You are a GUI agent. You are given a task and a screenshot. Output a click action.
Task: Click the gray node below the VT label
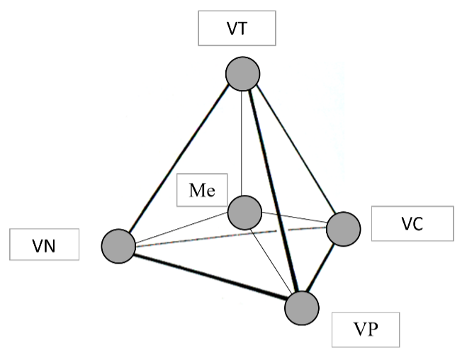pyautogui.click(x=243, y=74)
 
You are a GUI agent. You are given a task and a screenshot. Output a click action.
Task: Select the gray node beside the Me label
pyautogui.click(x=244, y=213)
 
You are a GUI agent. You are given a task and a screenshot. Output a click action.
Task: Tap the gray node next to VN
pyautogui.click(x=118, y=246)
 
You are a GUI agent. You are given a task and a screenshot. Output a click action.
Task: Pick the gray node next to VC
pyautogui.click(x=344, y=229)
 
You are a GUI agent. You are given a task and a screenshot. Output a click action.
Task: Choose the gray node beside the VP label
pyautogui.click(x=302, y=308)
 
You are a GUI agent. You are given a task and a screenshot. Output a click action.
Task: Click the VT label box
pyautogui.click(x=237, y=28)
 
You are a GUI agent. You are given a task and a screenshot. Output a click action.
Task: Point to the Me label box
pyautogui.click(x=202, y=190)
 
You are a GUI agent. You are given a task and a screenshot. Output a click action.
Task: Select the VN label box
pyautogui.click(x=45, y=244)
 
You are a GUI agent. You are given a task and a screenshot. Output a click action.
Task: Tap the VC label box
pyautogui.click(x=412, y=223)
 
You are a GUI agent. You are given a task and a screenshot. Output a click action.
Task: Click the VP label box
pyautogui.click(x=366, y=330)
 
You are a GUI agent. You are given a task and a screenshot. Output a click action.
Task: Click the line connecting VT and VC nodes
pyautogui.click(x=296, y=150)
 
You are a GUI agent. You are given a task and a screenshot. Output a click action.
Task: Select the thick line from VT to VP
pyautogui.click(x=274, y=191)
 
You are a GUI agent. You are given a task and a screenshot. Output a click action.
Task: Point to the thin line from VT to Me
pyautogui.click(x=242, y=143)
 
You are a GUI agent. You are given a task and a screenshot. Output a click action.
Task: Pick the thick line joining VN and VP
pyautogui.click(x=210, y=277)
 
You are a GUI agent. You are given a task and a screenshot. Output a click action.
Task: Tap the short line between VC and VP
pyautogui.click(x=321, y=269)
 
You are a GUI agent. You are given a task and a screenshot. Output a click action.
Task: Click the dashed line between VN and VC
pyautogui.click(x=231, y=237)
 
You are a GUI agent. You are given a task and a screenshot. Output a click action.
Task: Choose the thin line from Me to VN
pyautogui.click(x=182, y=227)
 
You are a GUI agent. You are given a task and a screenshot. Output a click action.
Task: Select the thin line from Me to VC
pyautogui.click(x=294, y=217)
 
